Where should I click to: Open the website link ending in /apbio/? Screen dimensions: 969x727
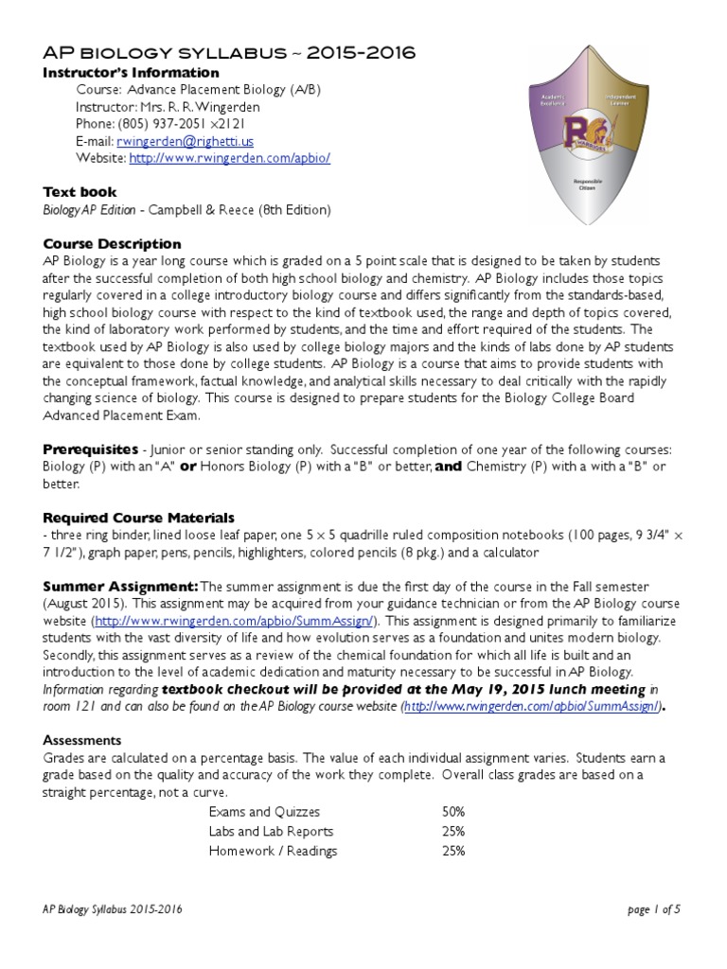click(x=230, y=158)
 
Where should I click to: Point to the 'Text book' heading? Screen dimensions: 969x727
click(x=80, y=192)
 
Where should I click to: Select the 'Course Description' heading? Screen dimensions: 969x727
click(x=112, y=243)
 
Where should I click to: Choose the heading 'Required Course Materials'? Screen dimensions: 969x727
click(x=139, y=518)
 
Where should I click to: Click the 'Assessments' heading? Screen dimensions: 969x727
click(x=82, y=740)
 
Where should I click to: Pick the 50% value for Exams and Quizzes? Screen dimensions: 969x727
click(x=452, y=812)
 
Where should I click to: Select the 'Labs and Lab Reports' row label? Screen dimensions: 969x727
click(x=271, y=831)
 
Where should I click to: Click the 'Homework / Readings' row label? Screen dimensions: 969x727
click(x=273, y=851)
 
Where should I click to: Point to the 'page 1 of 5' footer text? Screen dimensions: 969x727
click(x=653, y=909)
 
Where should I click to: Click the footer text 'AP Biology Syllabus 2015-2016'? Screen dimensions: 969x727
click(x=113, y=909)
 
